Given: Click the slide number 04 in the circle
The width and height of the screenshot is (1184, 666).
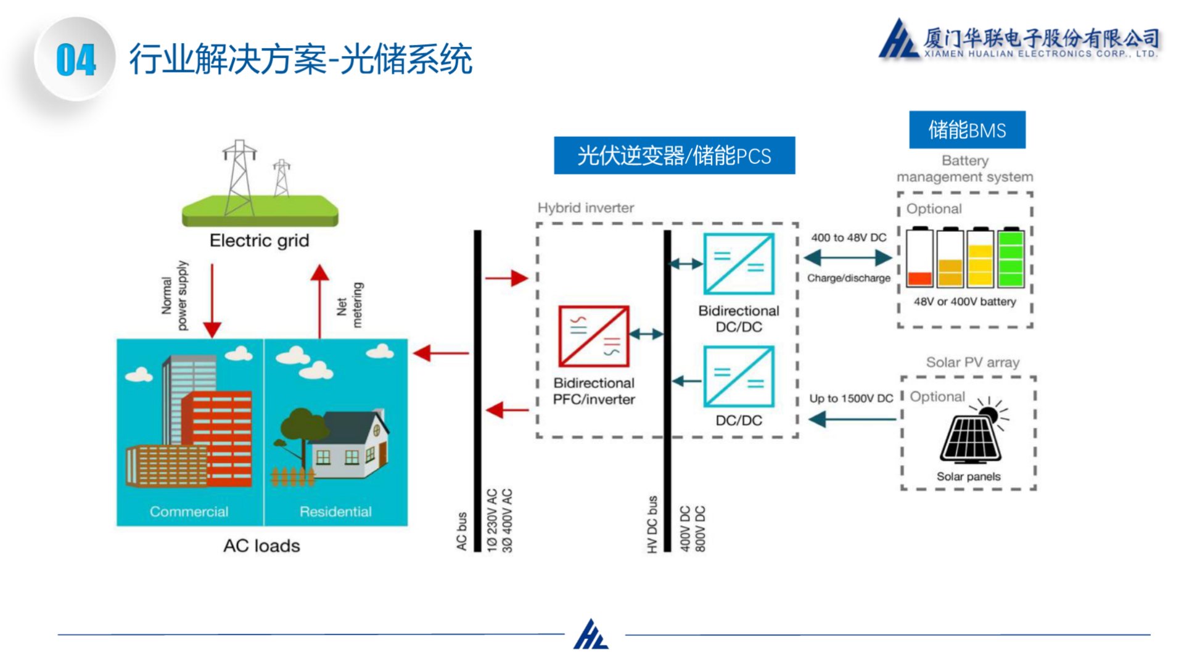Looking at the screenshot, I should point(76,60).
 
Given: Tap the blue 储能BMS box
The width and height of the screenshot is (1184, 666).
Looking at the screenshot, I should point(967,130).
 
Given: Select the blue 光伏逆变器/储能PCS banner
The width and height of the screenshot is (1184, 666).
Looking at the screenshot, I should point(674,155).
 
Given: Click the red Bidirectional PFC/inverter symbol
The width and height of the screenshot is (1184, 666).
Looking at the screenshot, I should point(593,336).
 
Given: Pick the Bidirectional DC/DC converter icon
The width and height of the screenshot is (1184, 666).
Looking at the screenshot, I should point(739,264).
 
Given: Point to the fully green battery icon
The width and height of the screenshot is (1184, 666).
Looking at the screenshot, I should point(1011,258).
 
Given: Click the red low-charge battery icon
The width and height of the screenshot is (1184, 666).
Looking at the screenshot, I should point(919,258).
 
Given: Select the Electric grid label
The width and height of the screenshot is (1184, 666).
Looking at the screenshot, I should point(259,240).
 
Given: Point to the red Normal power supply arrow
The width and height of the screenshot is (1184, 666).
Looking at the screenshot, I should point(212,300).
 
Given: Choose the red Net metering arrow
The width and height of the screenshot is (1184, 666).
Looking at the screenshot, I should point(319,300).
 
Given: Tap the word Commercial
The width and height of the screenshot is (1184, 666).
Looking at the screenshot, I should point(189,511).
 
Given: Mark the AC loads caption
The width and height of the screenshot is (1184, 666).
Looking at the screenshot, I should point(261,546).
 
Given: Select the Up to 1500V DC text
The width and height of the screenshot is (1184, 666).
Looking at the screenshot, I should point(851,398).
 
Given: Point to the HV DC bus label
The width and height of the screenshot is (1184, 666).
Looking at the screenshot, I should point(652,524).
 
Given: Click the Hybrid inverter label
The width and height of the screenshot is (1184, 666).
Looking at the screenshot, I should point(585,208).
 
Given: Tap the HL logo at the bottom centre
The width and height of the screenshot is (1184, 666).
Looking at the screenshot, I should point(591,635).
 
